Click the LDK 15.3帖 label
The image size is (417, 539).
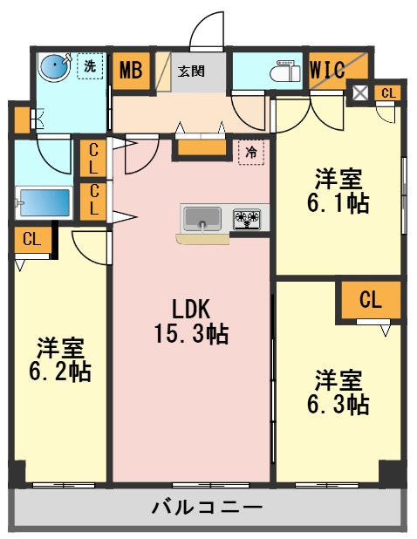[191, 320]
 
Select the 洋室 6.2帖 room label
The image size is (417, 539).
[60, 358]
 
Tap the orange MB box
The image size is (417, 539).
[132, 71]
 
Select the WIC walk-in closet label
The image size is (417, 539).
[328, 71]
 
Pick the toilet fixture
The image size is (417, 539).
[286, 69]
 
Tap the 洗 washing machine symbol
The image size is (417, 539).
[89, 65]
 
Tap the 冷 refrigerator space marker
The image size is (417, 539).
[250, 152]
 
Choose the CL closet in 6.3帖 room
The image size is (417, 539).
[371, 301]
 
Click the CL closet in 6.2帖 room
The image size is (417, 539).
[31, 238]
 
